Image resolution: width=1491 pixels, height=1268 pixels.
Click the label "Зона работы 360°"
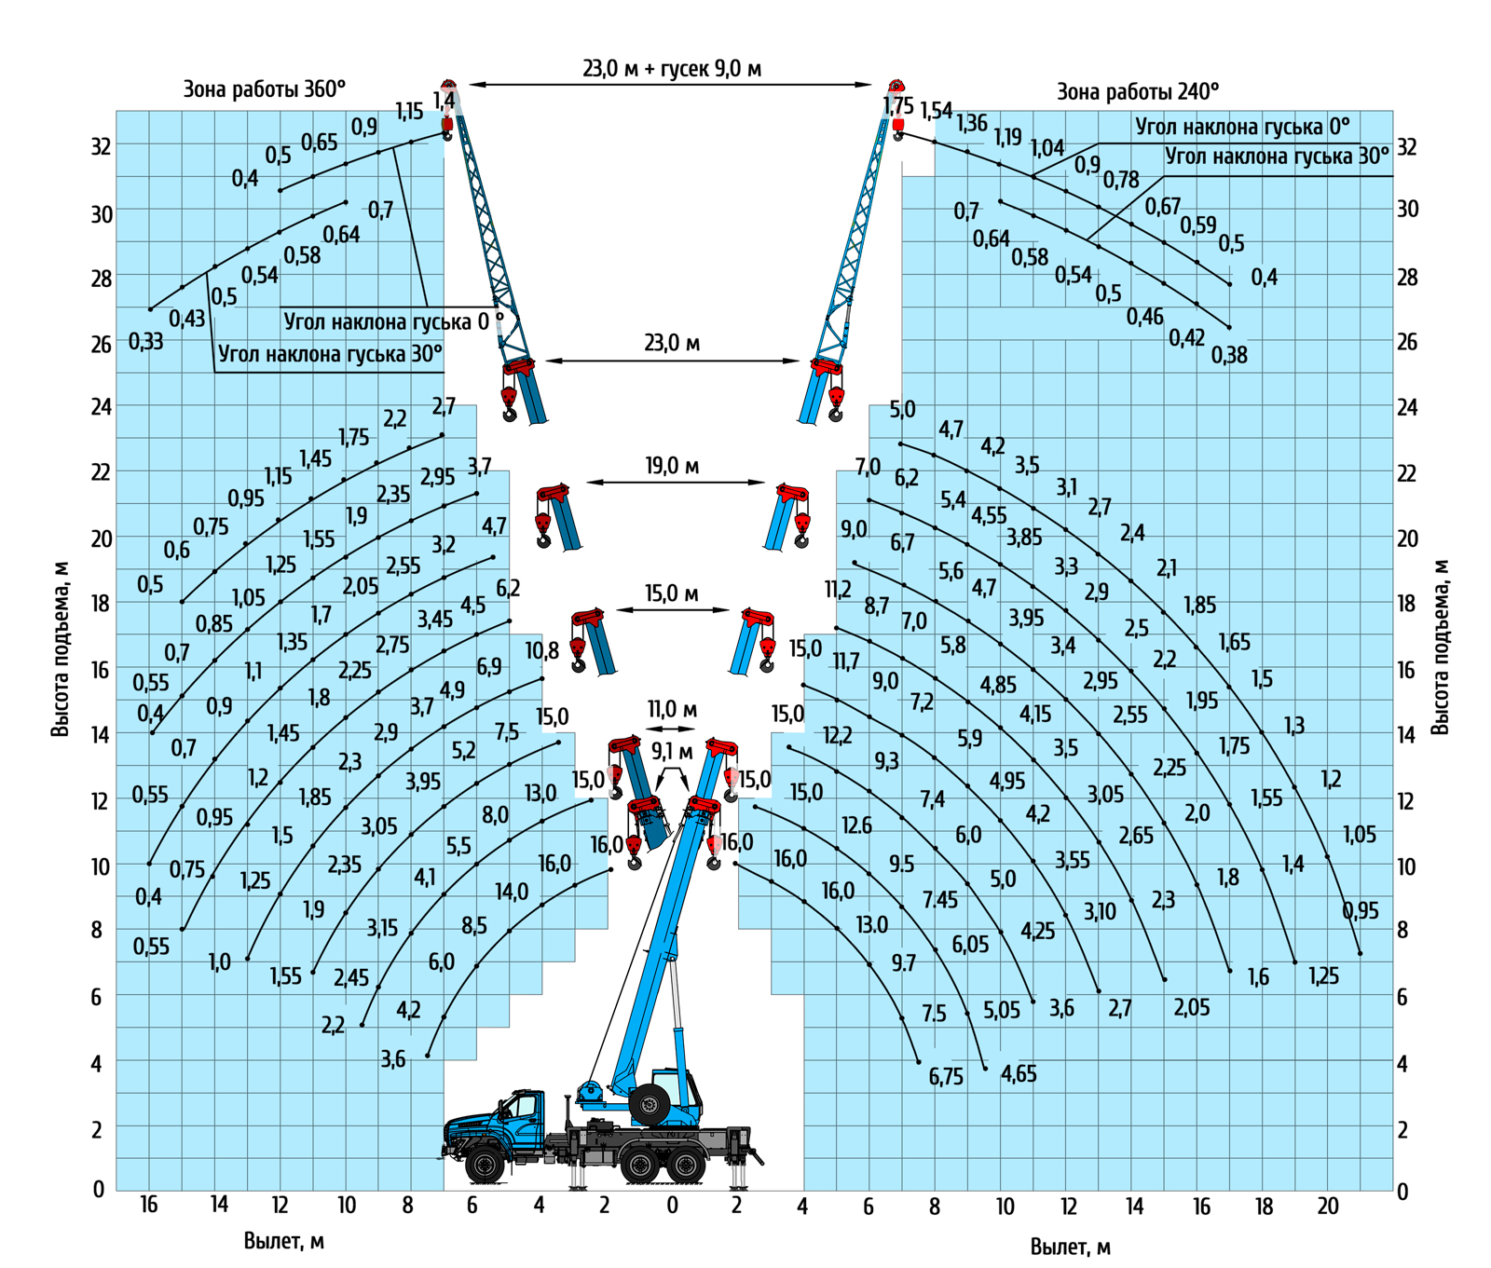coord(264,89)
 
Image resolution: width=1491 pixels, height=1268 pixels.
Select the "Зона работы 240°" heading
coord(1137,91)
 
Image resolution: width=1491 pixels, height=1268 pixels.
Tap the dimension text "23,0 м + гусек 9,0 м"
coord(672,68)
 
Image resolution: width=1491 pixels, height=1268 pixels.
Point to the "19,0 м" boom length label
coord(672,465)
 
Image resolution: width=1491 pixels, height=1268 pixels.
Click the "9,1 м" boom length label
coord(672,751)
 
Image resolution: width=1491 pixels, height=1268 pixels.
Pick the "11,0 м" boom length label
coord(672,710)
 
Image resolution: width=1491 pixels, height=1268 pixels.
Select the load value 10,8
coord(541,649)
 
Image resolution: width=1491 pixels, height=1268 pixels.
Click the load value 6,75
coord(946,1077)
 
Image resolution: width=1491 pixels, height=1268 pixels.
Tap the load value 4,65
coord(1019,1074)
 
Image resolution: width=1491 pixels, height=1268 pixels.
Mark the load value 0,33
coord(145,342)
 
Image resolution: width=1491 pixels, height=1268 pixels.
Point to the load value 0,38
coord(1229,355)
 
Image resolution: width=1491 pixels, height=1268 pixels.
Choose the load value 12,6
coord(856,825)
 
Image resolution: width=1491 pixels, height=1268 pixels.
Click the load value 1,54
coord(937,111)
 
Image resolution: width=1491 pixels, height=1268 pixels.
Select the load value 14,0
coord(511,892)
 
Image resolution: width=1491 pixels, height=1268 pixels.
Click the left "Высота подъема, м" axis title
coord(61,648)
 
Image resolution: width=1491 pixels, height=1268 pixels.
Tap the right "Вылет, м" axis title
coord(1070,1247)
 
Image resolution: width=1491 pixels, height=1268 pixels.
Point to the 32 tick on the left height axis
coord(101,146)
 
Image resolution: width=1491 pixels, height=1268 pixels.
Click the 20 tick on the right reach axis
coord(1327,1207)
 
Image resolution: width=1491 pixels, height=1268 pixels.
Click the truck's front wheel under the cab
coord(485,1165)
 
